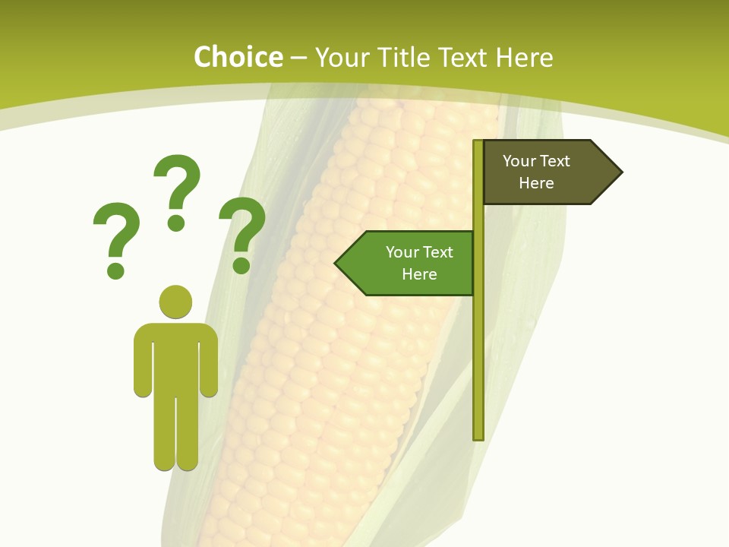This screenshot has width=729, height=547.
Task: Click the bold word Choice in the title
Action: pos(238,58)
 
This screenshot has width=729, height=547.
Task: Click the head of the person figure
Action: pos(176,302)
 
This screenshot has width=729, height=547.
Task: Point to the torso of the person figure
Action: pos(176,357)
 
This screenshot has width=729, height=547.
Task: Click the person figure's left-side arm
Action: pos(143,361)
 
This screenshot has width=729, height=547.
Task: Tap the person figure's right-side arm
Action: pos(210,361)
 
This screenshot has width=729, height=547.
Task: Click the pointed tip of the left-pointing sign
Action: pos(337,264)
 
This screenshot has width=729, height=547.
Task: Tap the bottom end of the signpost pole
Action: pos(478,436)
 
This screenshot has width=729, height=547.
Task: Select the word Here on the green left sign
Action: pos(419,274)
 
